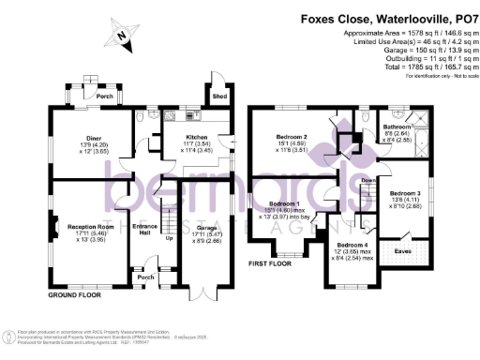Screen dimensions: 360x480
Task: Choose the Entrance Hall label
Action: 145,229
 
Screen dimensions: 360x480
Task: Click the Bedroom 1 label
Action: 284,203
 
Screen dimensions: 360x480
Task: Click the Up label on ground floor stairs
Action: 169,238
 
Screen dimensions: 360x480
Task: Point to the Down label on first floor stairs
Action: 368,179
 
